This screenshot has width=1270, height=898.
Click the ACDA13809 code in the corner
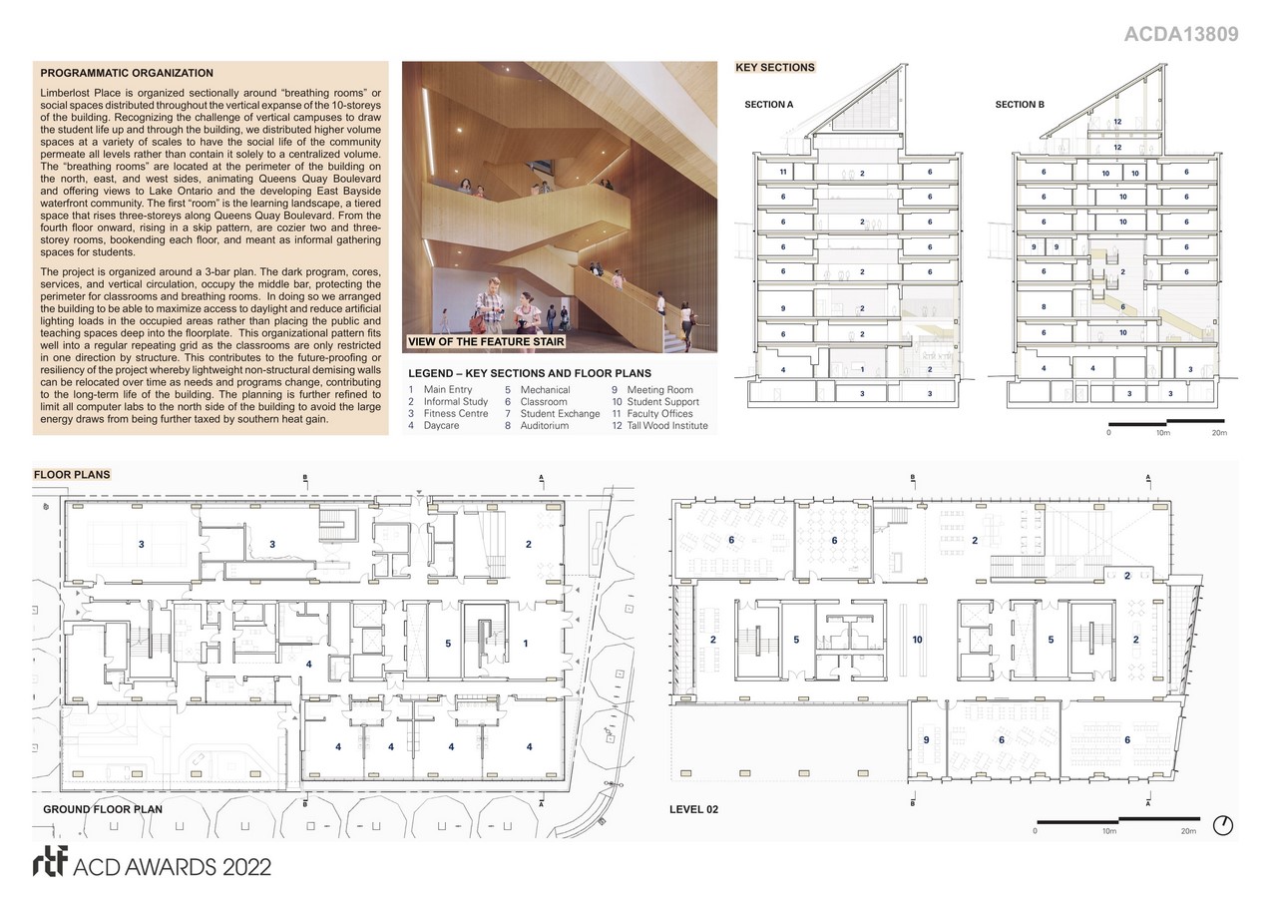[x=1181, y=35]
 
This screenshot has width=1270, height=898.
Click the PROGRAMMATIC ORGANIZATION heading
[x=127, y=73]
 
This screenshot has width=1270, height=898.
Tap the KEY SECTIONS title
[x=775, y=68]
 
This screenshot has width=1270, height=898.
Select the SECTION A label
[x=769, y=105]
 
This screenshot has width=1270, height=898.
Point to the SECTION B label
[x=1020, y=105]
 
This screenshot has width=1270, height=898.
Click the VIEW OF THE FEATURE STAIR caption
[x=486, y=342]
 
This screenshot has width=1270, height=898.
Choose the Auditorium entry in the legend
[x=537, y=426]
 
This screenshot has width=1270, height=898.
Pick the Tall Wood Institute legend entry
[x=660, y=426]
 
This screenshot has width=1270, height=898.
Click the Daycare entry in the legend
[x=434, y=426]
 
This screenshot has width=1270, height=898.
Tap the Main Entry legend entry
[x=440, y=389]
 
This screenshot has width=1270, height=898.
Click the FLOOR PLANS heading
[x=72, y=475]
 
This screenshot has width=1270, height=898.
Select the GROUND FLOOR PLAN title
[x=103, y=809]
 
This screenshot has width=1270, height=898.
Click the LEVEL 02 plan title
[x=693, y=809]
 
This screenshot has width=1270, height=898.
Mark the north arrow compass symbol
[x=1223, y=825]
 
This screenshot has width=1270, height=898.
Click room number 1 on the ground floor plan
[x=526, y=644]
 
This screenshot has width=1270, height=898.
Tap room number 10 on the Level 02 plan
[x=918, y=640]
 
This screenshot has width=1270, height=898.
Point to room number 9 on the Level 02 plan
[x=927, y=739]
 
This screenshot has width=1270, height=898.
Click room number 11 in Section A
[x=783, y=172]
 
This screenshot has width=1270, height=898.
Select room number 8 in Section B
[x=1044, y=306]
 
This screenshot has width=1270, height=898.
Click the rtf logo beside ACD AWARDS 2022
[x=50, y=861]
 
